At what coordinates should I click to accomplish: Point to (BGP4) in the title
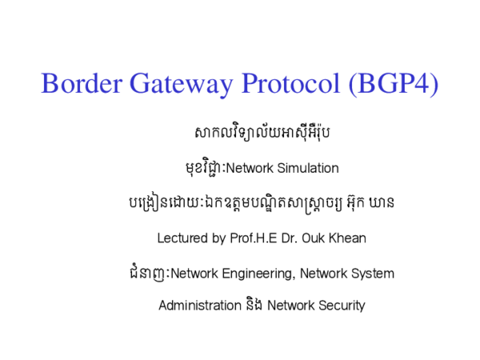point(393,84)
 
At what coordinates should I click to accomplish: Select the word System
point(373,274)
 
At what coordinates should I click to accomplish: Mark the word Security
point(341,306)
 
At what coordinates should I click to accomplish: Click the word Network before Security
point(290,306)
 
